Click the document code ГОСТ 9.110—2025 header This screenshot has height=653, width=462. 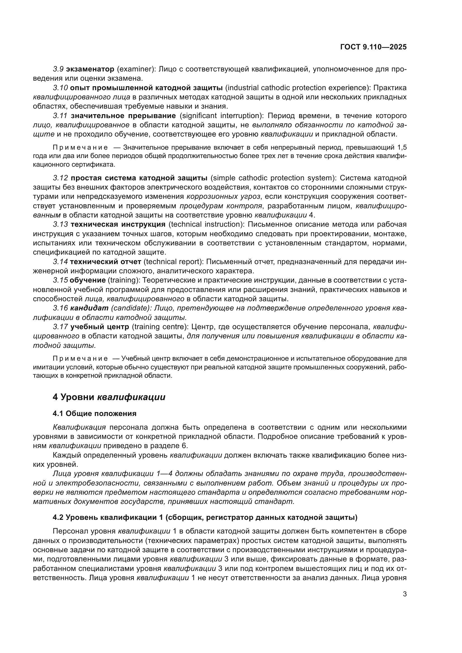point(373,47)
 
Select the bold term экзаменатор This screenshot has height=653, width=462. point(90,69)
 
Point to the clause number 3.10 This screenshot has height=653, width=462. point(60,88)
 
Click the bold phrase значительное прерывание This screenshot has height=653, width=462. point(123,116)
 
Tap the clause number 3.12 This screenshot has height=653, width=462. point(60,178)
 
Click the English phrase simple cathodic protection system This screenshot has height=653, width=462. point(274,178)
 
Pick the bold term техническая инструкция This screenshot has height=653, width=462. point(118,224)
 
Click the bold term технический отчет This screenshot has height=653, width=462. point(106,262)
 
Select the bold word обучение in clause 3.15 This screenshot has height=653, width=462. point(88,280)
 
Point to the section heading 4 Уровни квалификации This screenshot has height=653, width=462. point(109,397)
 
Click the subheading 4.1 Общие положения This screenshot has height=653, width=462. point(94,413)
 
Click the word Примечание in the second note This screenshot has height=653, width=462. point(80,358)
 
